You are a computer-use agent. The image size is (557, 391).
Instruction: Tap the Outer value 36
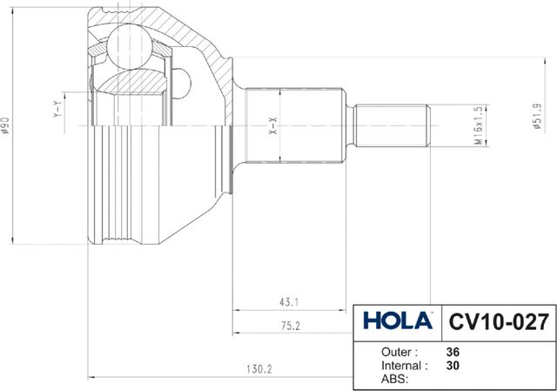pyautogui.click(x=452, y=352)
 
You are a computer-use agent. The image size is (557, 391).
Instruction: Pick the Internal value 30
pyautogui.click(x=452, y=366)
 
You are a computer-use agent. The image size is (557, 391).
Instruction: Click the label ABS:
pyautogui.click(x=396, y=380)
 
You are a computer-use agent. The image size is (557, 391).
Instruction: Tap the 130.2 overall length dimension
pyautogui.click(x=258, y=369)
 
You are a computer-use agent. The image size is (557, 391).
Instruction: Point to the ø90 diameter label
pyautogui.click(x=7, y=126)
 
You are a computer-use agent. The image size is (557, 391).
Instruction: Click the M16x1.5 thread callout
pyautogui.click(x=478, y=125)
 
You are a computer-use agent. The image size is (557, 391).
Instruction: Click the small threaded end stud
pyautogui.click(x=392, y=125)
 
